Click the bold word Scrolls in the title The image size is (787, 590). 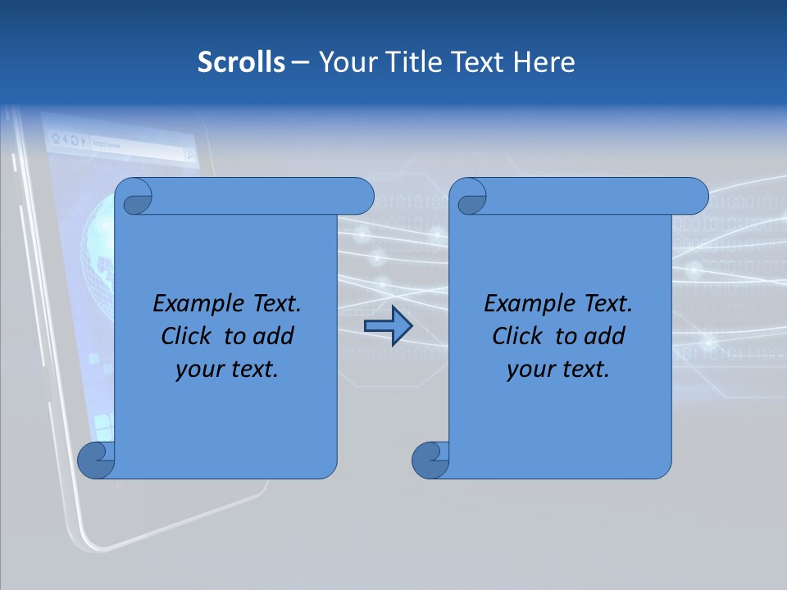click(242, 62)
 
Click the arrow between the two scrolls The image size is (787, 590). click(388, 327)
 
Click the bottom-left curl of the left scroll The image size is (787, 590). click(95, 461)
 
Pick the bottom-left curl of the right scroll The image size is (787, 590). click(430, 461)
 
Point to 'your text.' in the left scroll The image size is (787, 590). click(227, 370)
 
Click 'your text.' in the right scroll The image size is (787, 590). click(558, 370)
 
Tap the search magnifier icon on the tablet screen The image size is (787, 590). click(189, 153)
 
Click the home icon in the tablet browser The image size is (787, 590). click(56, 139)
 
